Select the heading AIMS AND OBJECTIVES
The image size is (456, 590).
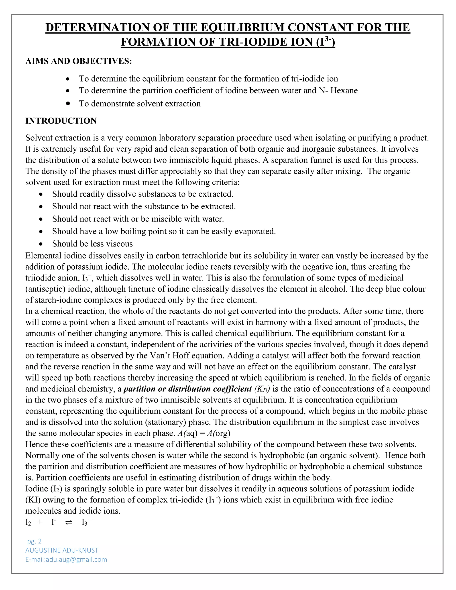pos(79,61)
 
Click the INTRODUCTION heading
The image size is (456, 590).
pos(61,121)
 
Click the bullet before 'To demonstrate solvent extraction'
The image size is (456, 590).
pos(68,104)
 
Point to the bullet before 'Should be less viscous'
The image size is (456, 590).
pos(41,244)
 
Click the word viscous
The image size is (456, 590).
pos(120,244)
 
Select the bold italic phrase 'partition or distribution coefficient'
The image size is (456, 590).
pos(188,389)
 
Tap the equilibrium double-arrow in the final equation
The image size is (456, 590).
pos(69,522)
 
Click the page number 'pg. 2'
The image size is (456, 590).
pos(34,541)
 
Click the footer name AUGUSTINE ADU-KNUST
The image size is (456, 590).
pos(62,550)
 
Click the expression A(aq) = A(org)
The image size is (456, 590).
pos(204,433)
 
